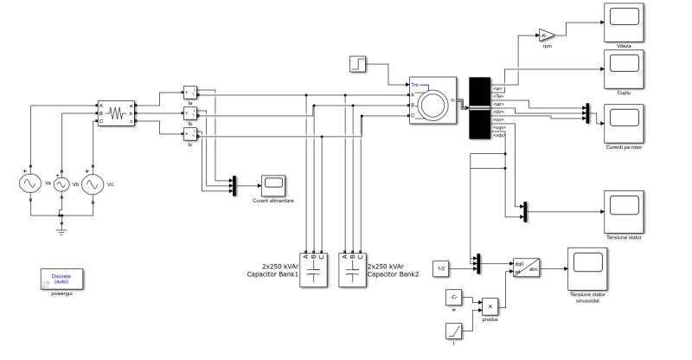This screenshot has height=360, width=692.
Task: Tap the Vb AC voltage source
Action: click(61, 185)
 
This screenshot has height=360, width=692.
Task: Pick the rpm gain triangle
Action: click(546, 35)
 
